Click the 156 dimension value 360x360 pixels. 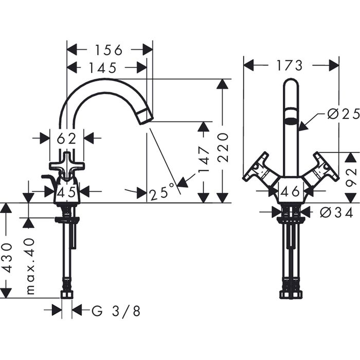click(109, 50)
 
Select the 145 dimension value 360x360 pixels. click(103, 67)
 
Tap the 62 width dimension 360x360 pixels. click(67, 138)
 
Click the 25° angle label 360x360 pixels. click(159, 193)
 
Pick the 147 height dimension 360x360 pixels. click(204, 159)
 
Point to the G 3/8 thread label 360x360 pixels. click(115, 310)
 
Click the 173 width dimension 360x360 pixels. click(289, 65)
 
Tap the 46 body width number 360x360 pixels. click(291, 192)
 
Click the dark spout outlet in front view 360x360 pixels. click(291, 122)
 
